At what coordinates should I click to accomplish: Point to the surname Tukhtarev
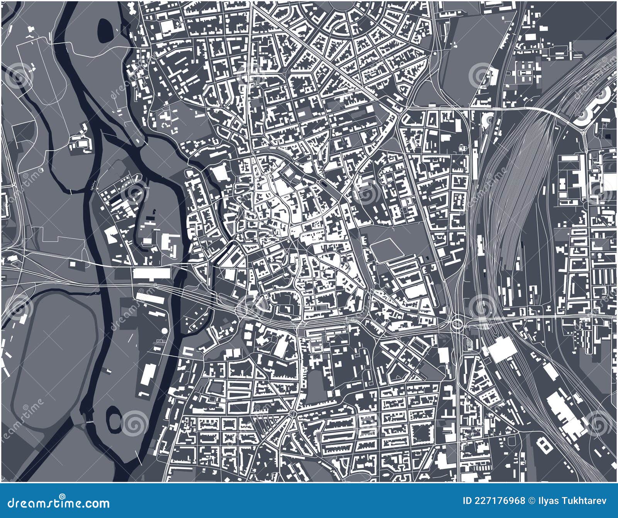point(583,501)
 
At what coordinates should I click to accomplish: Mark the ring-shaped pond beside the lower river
point(115,419)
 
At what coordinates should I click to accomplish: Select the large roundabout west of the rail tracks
point(458,323)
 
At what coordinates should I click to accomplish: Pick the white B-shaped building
point(545,446)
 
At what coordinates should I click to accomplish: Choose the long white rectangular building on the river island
point(152,273)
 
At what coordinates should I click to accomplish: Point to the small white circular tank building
point(165,331)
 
